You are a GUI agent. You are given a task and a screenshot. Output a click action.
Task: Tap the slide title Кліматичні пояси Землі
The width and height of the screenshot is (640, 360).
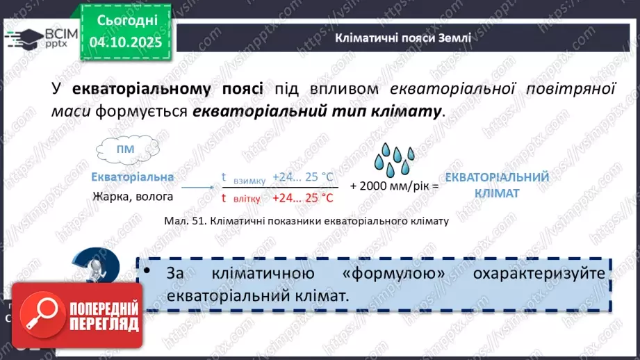pyautogui.click(x=403, y=38)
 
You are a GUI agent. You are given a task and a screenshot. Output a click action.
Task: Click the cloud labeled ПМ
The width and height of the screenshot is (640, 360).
pyautogui.click(x=126, y=149)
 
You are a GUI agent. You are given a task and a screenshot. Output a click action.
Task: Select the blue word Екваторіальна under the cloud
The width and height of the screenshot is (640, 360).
pyautogui.click(x=133, y=177)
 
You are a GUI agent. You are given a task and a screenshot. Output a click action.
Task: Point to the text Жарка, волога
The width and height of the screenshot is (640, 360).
pyautogui.click(x=133, y=197)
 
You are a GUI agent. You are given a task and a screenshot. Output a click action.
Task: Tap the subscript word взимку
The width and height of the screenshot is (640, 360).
pyautogui.click(x=249, y=181)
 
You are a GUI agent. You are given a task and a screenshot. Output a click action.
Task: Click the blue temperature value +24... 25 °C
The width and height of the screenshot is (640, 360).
pyautogui.click(x=303, y=177)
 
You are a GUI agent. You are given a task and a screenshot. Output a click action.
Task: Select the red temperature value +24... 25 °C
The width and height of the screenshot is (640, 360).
pyautogui.click(x=303, y=197)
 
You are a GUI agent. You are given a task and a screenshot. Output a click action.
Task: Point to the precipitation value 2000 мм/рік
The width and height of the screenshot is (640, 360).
pyautogui.click(x=395, y=186)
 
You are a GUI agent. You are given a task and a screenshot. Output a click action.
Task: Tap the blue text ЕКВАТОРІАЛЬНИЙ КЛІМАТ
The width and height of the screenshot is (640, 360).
pyautogui.click(x=497, y=185)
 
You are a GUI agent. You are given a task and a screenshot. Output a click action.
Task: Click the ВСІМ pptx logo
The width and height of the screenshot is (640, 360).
pyautogui.click(x=35, y=36)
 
